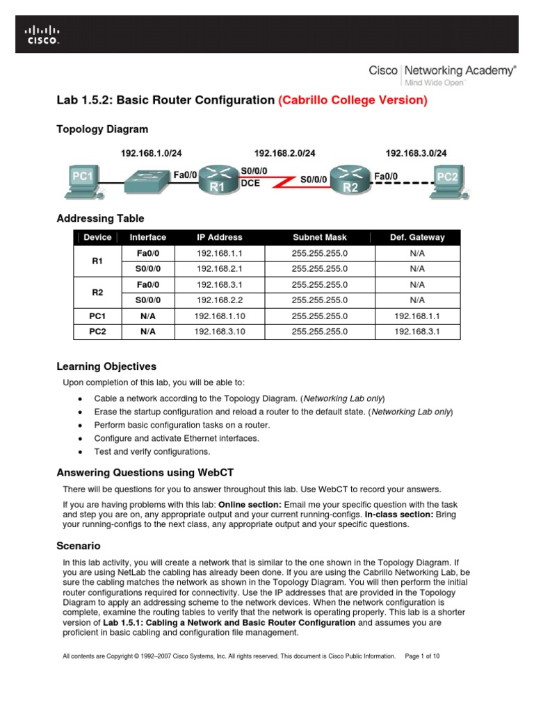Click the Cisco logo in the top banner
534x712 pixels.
43,35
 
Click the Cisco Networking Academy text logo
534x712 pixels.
442,74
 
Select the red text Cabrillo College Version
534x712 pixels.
353,100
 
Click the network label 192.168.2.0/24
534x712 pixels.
284,153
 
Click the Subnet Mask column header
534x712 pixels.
319,237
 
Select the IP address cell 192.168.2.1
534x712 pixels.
219,268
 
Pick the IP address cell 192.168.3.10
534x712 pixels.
219,332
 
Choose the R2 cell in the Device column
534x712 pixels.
97,292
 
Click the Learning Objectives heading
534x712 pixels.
106,366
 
